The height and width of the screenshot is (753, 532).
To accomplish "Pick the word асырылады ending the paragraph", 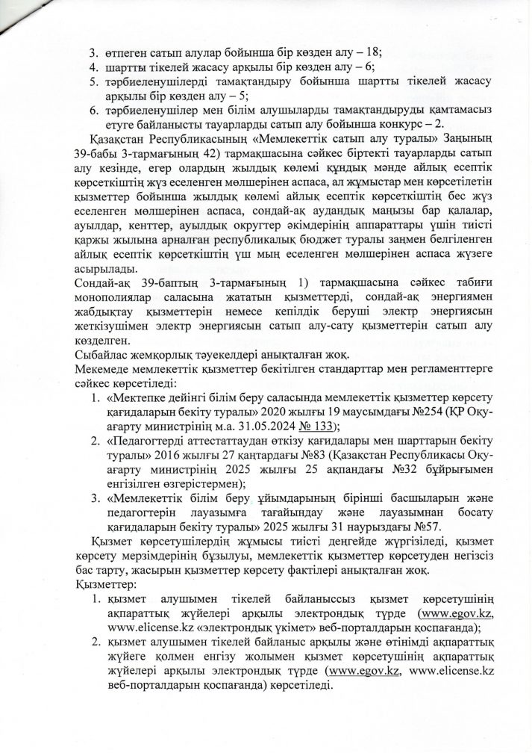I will click(107, 269).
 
